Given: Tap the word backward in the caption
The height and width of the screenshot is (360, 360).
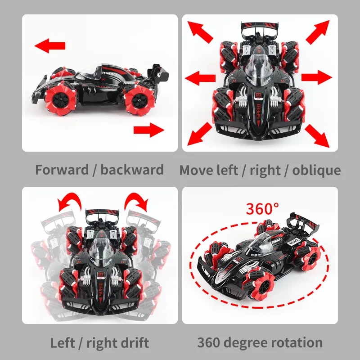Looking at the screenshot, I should (132, 170).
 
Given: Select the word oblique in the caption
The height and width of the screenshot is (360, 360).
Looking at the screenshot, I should (316, 170).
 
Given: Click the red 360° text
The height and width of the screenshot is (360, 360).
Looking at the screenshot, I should (262, 209).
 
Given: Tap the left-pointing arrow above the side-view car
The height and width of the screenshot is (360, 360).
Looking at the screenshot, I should (50, 45).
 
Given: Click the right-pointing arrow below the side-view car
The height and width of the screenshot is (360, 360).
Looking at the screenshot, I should (148, 130).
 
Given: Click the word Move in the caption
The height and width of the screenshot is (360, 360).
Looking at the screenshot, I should (197, 170).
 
